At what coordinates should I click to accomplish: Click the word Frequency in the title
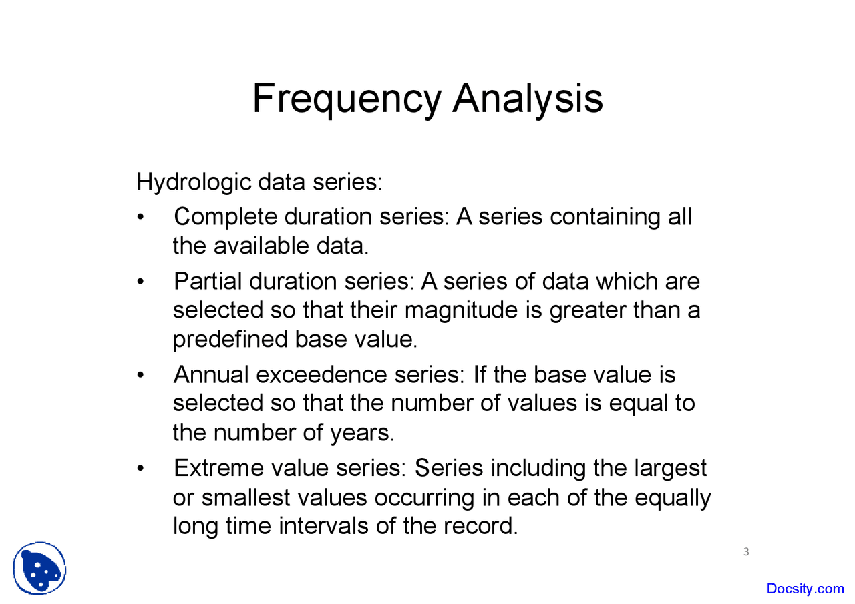pos(347,99)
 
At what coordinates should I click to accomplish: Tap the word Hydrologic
pos(194,183)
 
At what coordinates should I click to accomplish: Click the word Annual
pos(211,375)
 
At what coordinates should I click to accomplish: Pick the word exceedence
pos(321,375)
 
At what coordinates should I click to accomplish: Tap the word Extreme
pos(218,468)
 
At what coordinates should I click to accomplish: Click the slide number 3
pos(746,552)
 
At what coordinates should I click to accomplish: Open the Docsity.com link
pos(806,589)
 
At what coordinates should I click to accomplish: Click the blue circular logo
pos(39,568)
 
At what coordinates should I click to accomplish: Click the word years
pos(362,434)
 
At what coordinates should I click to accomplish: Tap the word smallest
pos(246,498)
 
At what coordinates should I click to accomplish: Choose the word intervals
pos(323,526)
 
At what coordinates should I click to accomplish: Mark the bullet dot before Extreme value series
pos(140,468)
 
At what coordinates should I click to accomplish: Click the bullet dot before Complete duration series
pos(140,217)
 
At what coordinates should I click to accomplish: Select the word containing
pos(605,218)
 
